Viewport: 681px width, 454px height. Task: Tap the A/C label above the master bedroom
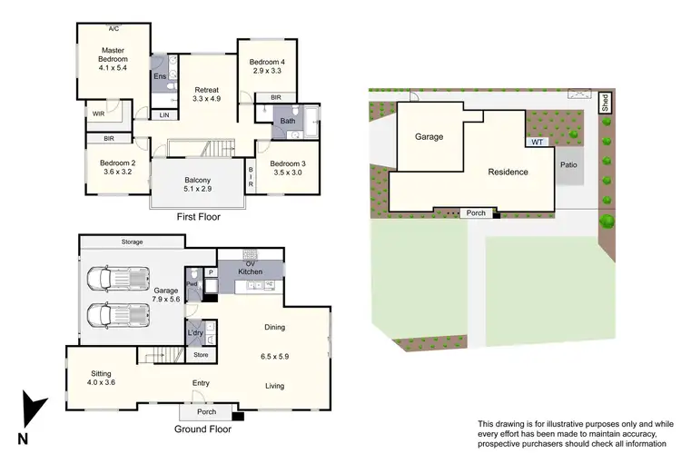pos(113,28)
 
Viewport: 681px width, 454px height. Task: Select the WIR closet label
pos(97,113)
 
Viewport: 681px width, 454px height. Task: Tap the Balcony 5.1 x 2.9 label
pos(198,183)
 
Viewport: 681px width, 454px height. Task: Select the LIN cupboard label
pos(164,115)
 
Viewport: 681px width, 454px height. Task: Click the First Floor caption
pos(198,218)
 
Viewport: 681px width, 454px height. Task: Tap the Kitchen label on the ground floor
pos(250,271)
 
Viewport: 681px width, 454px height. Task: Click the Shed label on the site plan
pos(606,101)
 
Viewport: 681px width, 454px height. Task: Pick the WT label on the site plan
pos(538,142)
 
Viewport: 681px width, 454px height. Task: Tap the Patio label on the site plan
pos(569,165)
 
